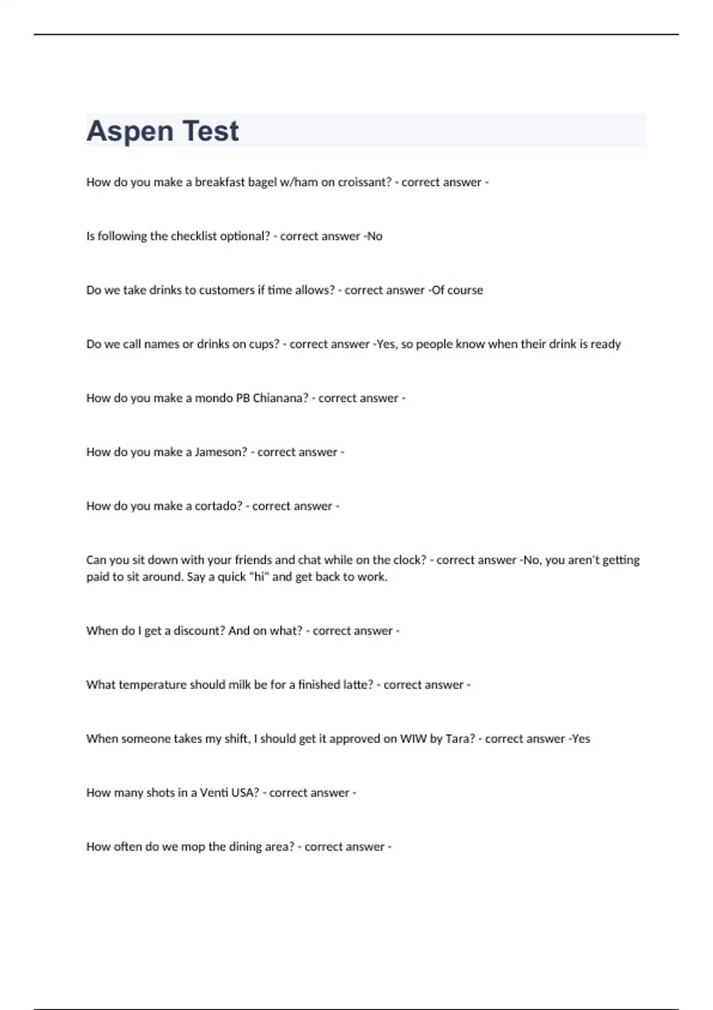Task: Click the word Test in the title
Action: coord(210,131)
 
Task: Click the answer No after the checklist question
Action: coord(374,236)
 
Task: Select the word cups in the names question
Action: coord(264,345)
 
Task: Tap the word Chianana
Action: coord(280,398)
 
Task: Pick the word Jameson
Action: coord(220,452)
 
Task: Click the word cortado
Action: coord(219,506)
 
